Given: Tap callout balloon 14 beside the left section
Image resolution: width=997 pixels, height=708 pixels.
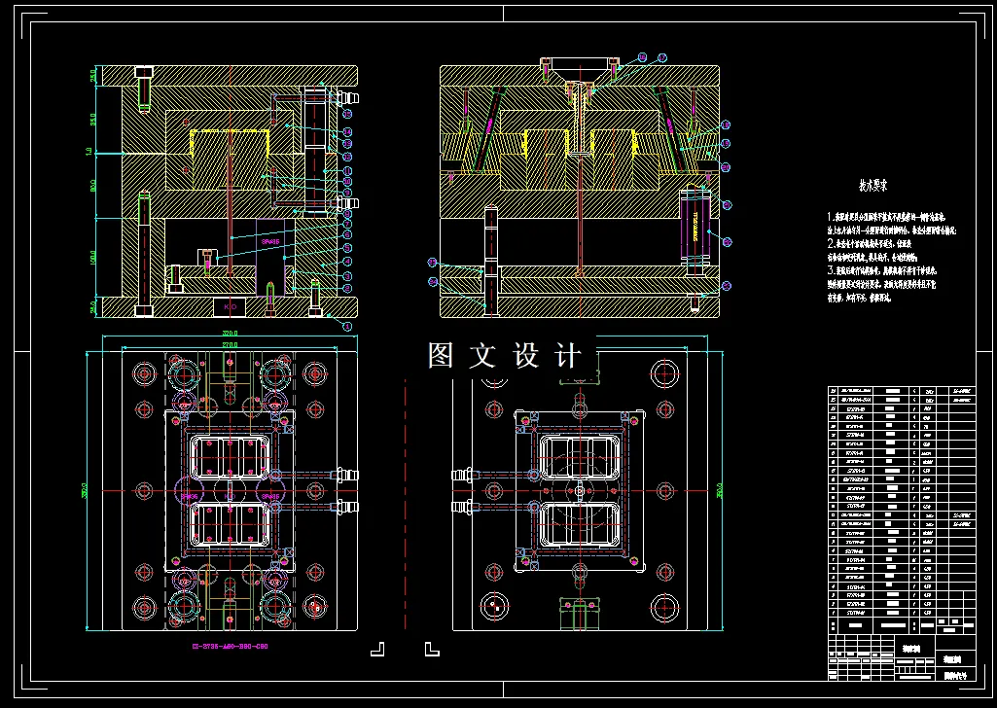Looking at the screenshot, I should (347, 131).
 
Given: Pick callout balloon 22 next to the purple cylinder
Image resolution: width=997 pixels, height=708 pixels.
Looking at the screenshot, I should (728, 240).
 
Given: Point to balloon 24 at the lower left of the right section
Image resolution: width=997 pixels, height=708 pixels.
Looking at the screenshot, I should (433, 282).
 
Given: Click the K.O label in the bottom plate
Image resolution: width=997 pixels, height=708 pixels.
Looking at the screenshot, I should (231, 307).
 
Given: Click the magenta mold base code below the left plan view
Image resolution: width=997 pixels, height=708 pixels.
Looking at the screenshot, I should (229, 645).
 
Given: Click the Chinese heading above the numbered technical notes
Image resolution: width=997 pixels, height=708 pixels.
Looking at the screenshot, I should (872, 183).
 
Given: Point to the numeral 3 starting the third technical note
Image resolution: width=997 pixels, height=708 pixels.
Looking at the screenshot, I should (831, 270).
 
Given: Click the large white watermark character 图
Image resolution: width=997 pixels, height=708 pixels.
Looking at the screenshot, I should (443, 356).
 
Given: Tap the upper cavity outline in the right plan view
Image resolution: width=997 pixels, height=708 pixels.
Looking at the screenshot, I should (580, 458).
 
